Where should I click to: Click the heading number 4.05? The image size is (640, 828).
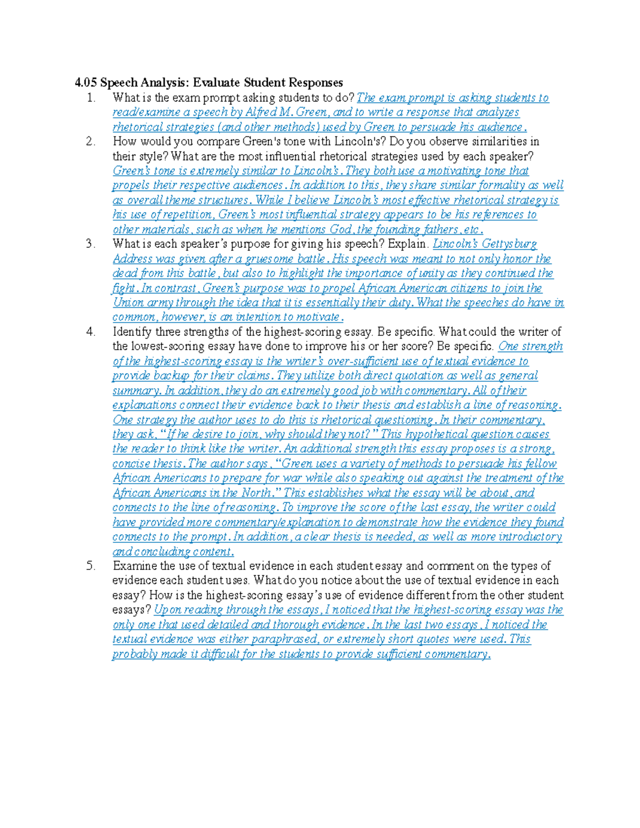[x=85, y=83]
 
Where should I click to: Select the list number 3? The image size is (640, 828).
[x=91, y=244]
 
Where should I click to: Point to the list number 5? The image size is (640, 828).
[x=91, y=566]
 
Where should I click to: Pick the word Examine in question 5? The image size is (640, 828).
[x=134, y=566]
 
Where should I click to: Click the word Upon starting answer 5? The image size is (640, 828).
[x=167, y=610]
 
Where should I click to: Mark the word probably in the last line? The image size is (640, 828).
[x=135, y=654]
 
